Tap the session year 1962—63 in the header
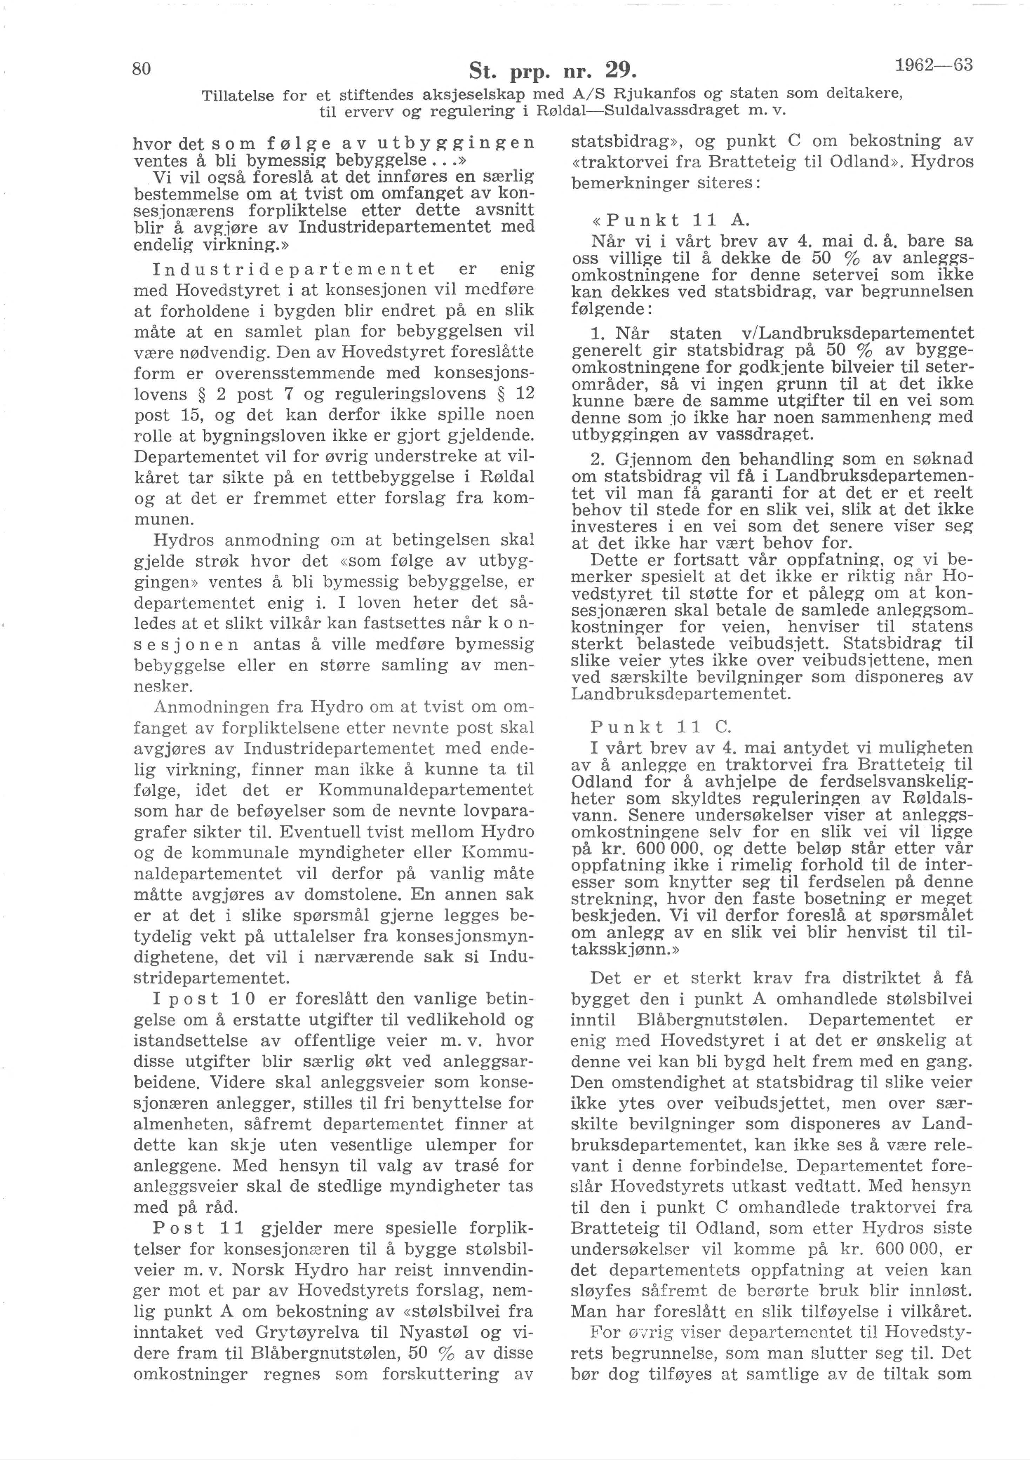coord(934,66)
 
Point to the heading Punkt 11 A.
coord(670,221)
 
